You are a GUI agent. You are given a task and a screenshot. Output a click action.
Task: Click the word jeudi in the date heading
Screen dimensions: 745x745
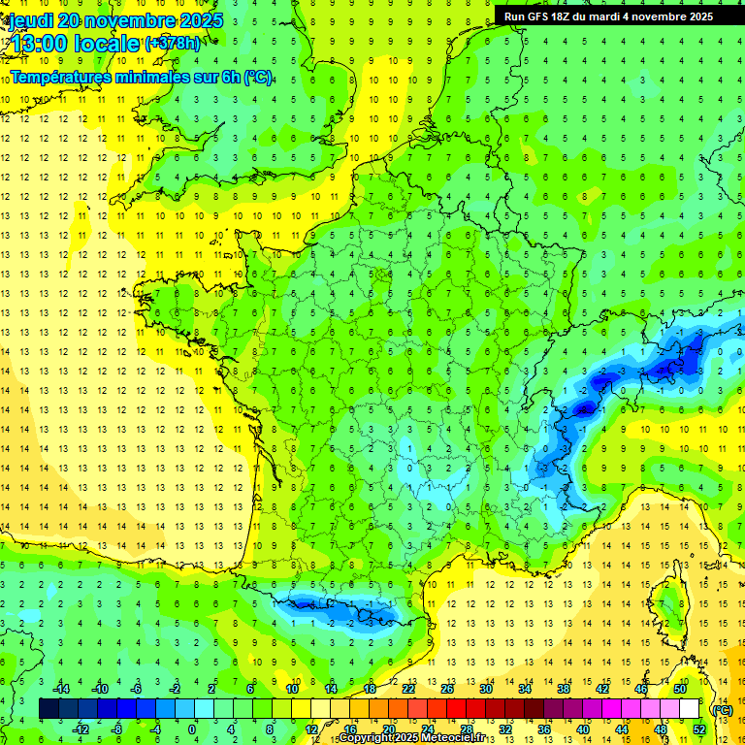(30, 20)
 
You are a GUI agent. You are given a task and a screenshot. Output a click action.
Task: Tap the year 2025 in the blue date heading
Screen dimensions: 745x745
(199, 20)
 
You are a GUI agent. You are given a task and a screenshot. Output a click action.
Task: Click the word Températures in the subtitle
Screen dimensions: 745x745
(62, 78)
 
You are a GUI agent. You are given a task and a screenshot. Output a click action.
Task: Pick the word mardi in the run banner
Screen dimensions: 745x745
(619, 16)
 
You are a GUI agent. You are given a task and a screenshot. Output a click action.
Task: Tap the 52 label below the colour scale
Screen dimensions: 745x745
(698, 729)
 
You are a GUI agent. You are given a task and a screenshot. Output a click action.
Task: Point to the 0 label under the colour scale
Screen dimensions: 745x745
(192, 729)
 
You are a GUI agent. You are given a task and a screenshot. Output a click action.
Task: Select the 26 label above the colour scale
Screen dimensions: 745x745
(447, 689)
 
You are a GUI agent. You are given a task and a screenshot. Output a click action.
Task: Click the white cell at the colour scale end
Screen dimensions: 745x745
(689, 708)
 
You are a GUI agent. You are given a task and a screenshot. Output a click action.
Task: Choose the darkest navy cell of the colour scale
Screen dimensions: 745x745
(49, 708)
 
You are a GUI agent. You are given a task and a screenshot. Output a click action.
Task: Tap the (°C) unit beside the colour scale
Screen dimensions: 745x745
(722, 709)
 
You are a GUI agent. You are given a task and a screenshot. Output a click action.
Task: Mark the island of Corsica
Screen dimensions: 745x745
(669, 607)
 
